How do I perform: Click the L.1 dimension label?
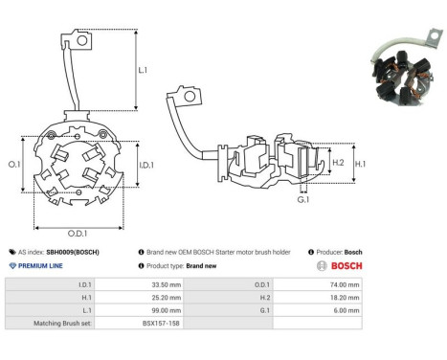coord(143,70)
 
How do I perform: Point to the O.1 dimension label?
coord(14,165)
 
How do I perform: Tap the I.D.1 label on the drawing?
coord(146,165)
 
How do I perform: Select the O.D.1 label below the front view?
coord(78,234)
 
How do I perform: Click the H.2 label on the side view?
coord(338,163)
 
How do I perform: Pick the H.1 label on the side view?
coord(360,164)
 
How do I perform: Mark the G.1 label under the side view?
coord(303,200)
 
